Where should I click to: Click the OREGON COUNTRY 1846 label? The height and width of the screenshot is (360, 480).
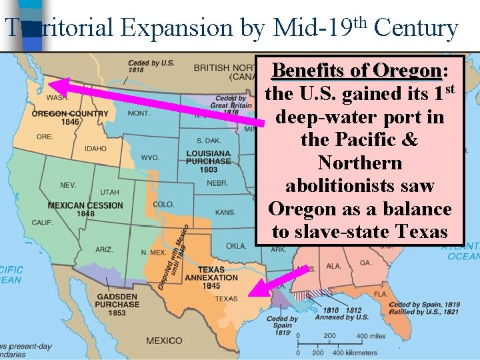click(x=69, y=117)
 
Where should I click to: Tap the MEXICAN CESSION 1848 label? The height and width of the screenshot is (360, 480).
click(x=85, y=209)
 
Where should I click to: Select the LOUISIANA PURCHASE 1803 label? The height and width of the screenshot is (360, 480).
click(x=209, y=161)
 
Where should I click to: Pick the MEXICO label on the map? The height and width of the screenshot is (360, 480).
click(x=164, y=341)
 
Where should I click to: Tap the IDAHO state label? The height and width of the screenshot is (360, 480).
click(x=95, y=149)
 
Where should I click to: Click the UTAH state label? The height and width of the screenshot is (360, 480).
click(x=109, y=192)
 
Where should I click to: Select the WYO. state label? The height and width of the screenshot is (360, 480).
click(x=150, y=158)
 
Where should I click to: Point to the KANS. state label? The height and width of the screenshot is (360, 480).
click(x=225, y=212)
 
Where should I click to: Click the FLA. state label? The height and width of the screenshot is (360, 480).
click(x=381, y=293)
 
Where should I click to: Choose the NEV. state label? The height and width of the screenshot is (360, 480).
click(x=68, y=185)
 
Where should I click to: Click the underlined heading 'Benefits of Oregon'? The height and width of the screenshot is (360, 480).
click(x=357, y=71)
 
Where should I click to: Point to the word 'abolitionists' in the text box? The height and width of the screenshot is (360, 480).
click(x=360, y=186)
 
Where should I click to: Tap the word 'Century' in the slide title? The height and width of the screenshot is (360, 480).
click(x=416, y=28)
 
